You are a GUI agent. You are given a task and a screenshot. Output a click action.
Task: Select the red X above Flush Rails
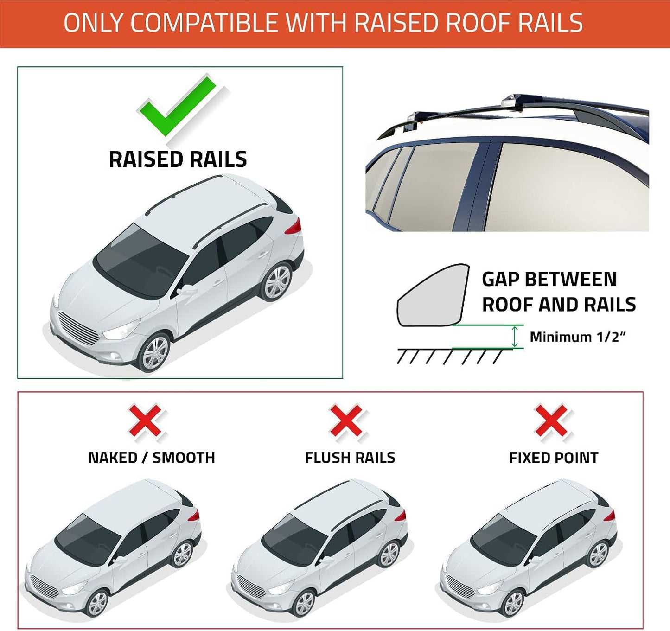346,421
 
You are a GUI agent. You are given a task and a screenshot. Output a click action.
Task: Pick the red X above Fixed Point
551,421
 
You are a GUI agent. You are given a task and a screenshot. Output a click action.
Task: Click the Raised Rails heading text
178,159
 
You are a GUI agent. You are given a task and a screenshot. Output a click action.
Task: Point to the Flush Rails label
350,458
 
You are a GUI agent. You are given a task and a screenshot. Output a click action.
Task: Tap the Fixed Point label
554,458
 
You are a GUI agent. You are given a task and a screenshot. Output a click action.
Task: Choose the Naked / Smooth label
152,458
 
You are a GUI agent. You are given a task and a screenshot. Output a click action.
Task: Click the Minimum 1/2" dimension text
577,337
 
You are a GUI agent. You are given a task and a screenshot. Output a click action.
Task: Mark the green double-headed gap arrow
514,337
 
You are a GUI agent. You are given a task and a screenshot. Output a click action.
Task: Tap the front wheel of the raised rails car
156,352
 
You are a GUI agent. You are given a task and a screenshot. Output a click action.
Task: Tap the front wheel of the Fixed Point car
512,603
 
